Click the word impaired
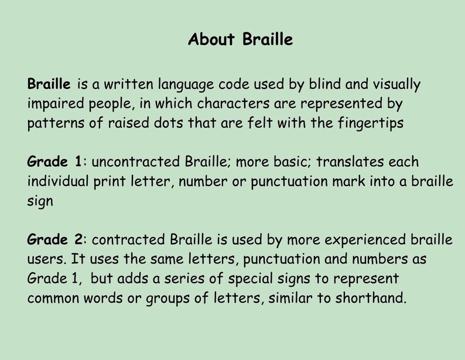[x=53, y=104]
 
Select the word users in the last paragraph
[x=42, y=258]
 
